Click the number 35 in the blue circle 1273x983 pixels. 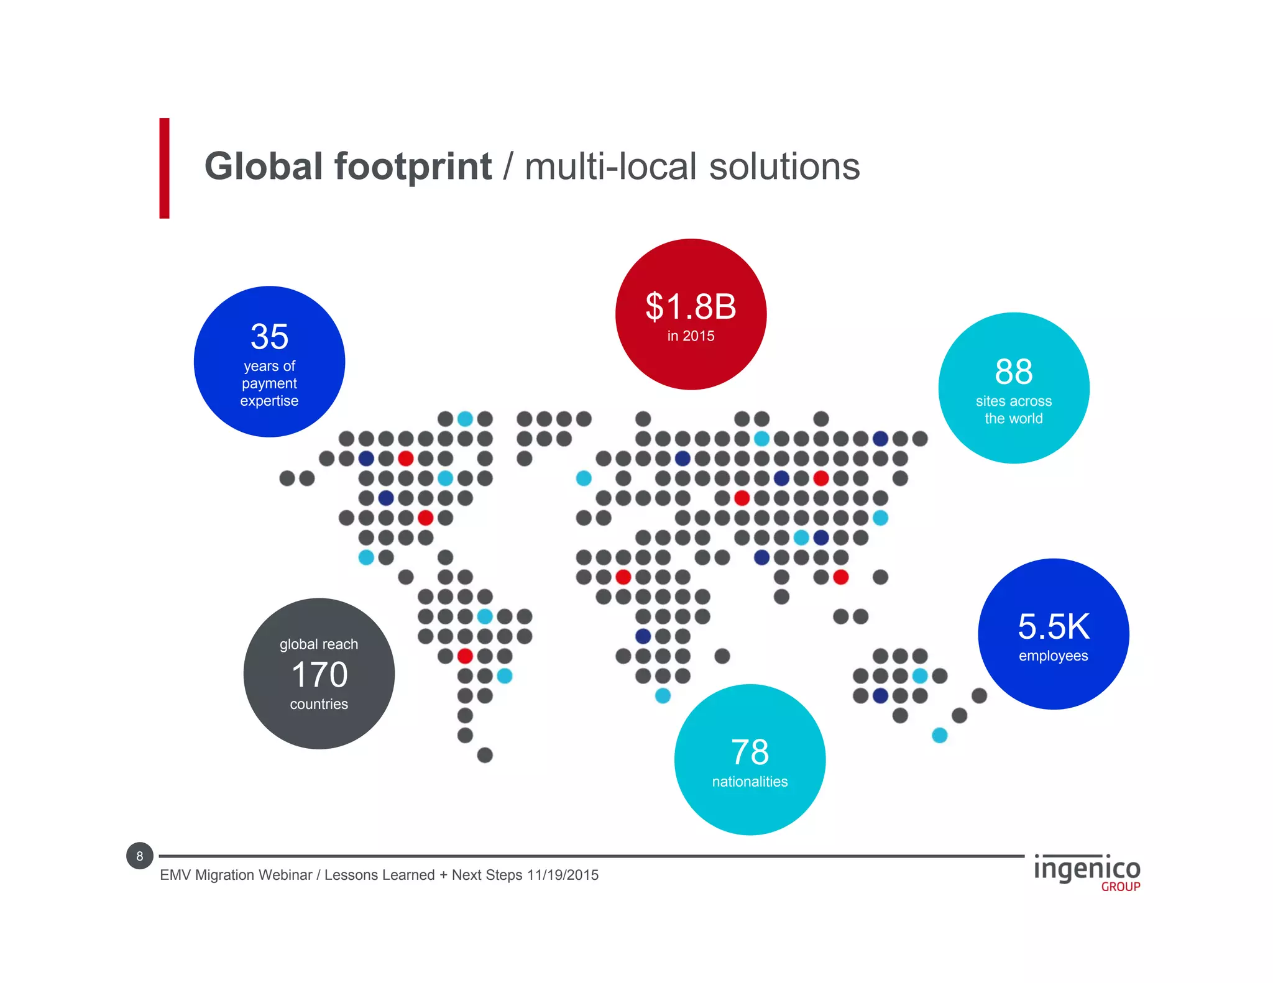(x=269, y=337)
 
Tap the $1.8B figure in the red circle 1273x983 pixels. (x=691, y=306)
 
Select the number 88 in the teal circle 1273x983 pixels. (x=1013, y=372)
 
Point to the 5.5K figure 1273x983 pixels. (x=1054, y=626)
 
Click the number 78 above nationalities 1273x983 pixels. (x=750, y=752)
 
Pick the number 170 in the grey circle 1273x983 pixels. (x=319, y=675)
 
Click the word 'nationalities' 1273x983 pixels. (x=750, y=782)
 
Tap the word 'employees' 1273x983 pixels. (x=1053, y=656)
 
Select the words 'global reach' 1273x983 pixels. (x=319, y=644)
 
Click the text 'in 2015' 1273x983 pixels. (x=691, y=336)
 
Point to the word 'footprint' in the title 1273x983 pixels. (x=413, y=167)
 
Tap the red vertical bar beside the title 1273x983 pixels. (x=164, y=168)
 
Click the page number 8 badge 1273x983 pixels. (x=139, y=856)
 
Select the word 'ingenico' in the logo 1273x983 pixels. (x=1087, y=869)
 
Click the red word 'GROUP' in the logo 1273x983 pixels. (x=1120, y=887)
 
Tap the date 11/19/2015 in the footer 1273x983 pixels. (x=563, y=875)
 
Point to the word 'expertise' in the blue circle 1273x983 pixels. (x=269, y=401)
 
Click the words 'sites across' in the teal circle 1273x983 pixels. (x=1013, y=401)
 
